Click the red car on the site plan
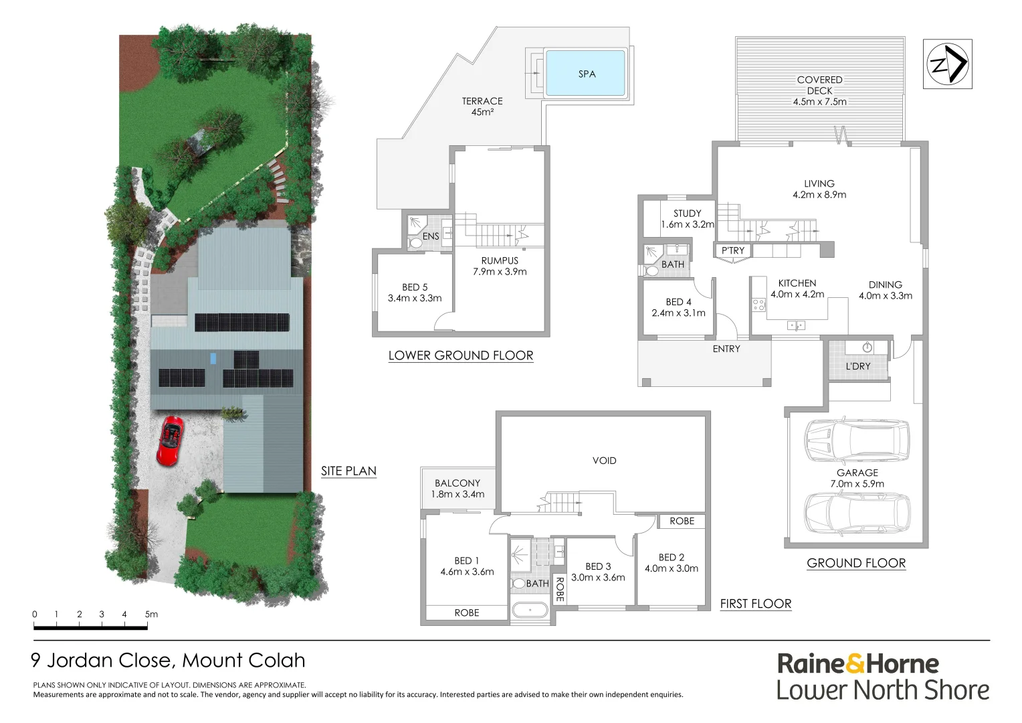tap(170, 440)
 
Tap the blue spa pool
tap(586, 74)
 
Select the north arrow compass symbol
tap(947, 64)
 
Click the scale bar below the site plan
tap(90, 627)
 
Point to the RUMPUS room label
tap(500, 260)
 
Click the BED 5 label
tap(415, 287)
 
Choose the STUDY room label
tap(687, 214)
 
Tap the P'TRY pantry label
tap(732, 250)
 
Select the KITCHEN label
tap(797, 283)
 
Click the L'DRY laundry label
tap(857, 366)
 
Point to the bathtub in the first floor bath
tap(530, 611)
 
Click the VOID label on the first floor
tap(604, 461)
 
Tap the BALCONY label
tap(457, 483)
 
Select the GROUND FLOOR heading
tap(856, 563)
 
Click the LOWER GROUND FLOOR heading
tap(461, 355)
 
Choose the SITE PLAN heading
tap(348, 471)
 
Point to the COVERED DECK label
tap(819, 85)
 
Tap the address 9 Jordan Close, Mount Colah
tap(168, 661)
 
